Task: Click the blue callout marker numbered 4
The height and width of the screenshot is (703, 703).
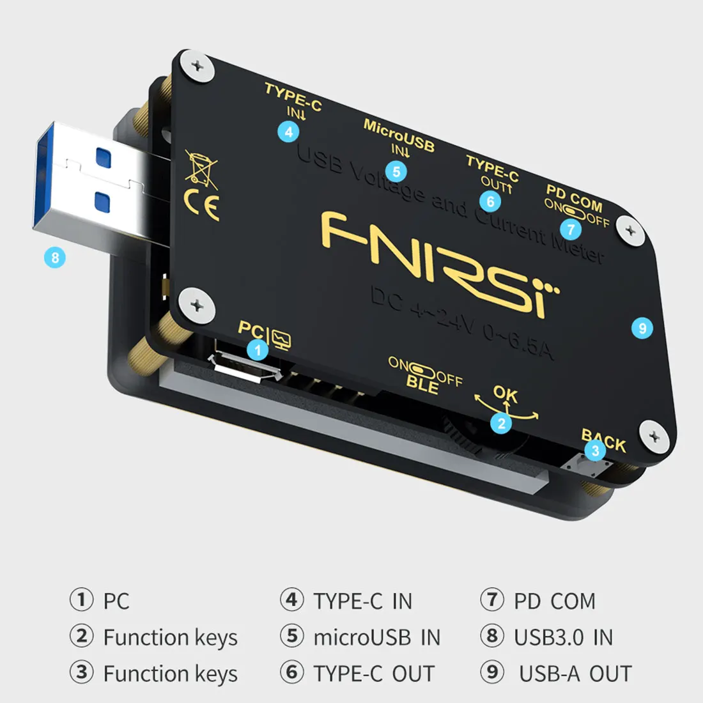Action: coord(289,132)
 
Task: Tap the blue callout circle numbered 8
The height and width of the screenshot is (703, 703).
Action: coord(55,258)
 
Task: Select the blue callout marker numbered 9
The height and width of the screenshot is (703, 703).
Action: coord(642,328)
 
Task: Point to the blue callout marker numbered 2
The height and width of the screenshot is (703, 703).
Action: coord(502,423)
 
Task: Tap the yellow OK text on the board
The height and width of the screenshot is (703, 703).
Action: coord(506,394)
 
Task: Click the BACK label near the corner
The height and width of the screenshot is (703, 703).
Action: coord(603,440)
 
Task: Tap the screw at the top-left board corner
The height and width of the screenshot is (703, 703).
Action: coord(197,66)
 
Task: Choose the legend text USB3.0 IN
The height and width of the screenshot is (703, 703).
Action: coord(563,637)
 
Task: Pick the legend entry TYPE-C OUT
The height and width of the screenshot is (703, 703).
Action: coord(374,674)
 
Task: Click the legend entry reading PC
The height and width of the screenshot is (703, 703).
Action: coord(116,601)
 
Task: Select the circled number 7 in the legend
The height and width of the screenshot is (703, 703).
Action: coord(492,599)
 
